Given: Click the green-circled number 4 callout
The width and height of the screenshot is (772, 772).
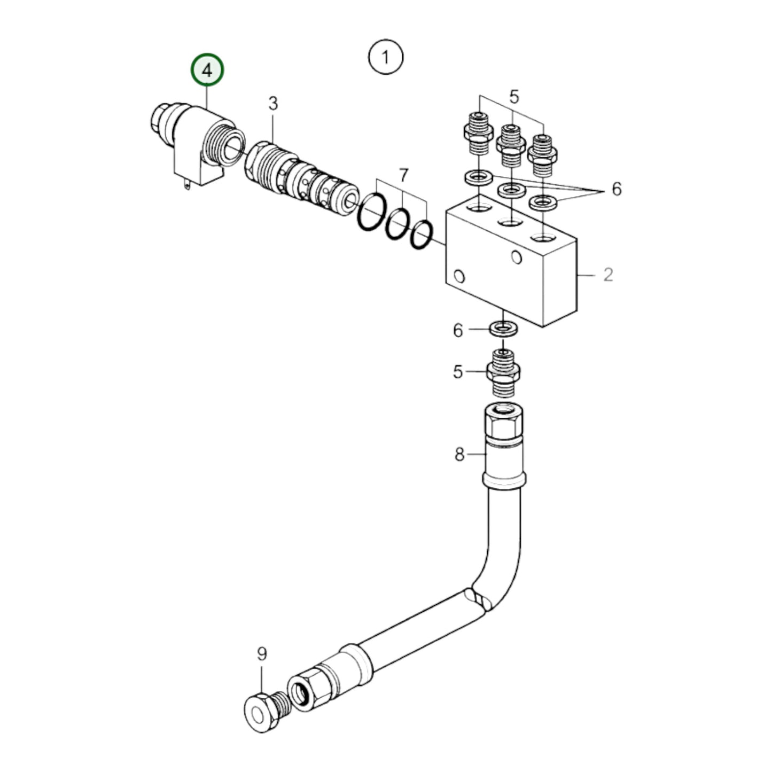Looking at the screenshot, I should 207,69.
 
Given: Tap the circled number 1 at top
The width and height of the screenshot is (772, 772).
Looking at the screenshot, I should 386,57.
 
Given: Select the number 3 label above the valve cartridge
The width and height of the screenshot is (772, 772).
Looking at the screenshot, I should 273,103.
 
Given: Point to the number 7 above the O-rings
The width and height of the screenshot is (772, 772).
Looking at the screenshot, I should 403,175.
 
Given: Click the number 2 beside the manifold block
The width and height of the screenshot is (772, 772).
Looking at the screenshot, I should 608,275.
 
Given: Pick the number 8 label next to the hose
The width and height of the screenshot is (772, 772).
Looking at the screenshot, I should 459,455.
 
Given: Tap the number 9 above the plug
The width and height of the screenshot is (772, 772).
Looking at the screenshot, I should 262,654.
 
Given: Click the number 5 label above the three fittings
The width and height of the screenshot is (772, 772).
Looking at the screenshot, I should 513,97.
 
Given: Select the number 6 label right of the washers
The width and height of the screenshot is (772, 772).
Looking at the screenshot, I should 617,189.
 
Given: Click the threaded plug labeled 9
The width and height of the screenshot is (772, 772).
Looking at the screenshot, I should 266,713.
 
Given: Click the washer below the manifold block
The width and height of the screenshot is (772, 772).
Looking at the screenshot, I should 503,327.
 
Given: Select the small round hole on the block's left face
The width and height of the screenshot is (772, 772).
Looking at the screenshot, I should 458,277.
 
